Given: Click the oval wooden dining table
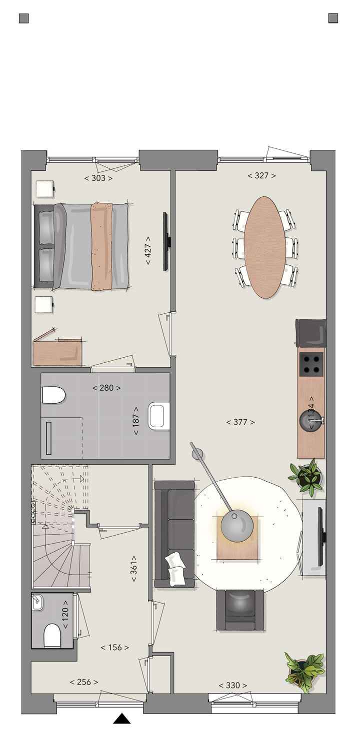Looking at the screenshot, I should click(265, 247).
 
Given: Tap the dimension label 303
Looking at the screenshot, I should click(98, 178).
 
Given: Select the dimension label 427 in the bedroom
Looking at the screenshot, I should click(148, 247).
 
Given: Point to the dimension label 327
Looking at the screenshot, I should click(262, 175).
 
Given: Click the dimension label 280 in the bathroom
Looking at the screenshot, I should click(106, 387).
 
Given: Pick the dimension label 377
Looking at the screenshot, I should click(240, 422).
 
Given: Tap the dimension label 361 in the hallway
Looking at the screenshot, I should click(134, 568).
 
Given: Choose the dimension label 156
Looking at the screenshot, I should click(115, 647).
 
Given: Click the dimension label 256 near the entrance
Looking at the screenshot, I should click(84, 682).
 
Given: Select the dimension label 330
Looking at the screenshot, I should click(233, 685).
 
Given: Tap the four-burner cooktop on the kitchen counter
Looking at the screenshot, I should click(311, 364).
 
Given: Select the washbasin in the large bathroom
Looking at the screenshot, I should click(156, 417).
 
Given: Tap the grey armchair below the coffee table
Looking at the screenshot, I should click(240, 610).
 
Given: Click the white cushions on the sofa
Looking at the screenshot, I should click(175, 568).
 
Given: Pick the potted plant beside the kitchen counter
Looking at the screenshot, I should click(306, 477).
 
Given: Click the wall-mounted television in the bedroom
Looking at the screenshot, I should click(165, 241).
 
